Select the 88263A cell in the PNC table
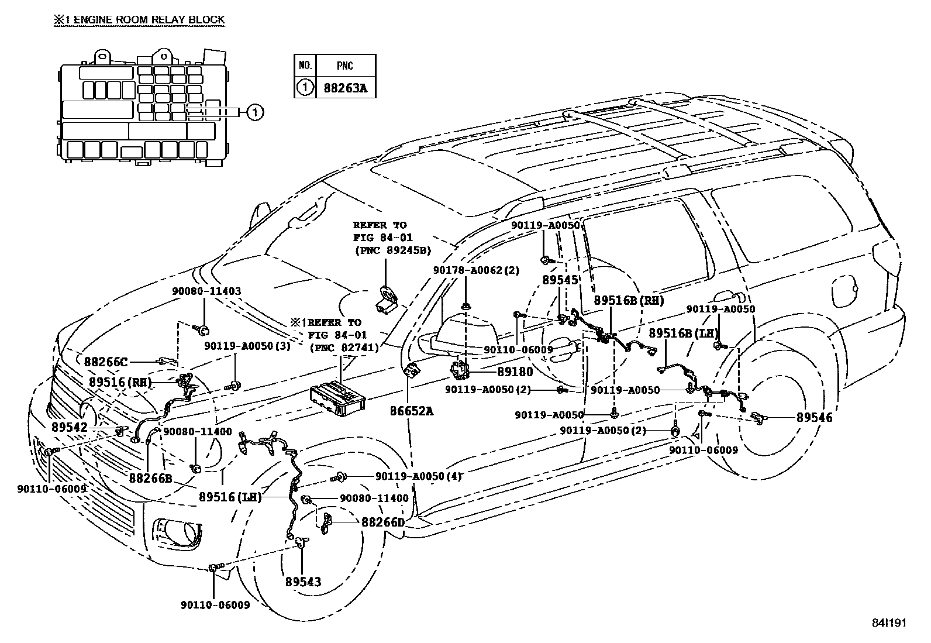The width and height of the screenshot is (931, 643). click(x=345, y=88)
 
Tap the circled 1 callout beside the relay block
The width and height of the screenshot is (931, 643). click(x=255, y=112)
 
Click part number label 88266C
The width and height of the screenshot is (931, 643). click(x=105, y=362)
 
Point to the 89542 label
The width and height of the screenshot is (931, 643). click(x=69, y=428)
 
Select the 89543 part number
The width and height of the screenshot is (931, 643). click(x=304, y=582)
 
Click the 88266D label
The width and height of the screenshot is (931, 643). click(x=382, y=521)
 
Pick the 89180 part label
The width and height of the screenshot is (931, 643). click(x=515, y=372)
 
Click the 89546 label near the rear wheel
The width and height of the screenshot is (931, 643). click(x=814, y=418)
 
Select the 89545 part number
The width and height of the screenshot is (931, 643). click(x=560, y=280)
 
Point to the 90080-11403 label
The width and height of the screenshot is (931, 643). click(x=206, y=291)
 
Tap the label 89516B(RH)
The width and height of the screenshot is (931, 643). click(x=629, y=300)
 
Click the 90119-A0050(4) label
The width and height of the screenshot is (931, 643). click(x=419, y=476)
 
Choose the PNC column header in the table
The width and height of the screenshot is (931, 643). click(x=345, y=65)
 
